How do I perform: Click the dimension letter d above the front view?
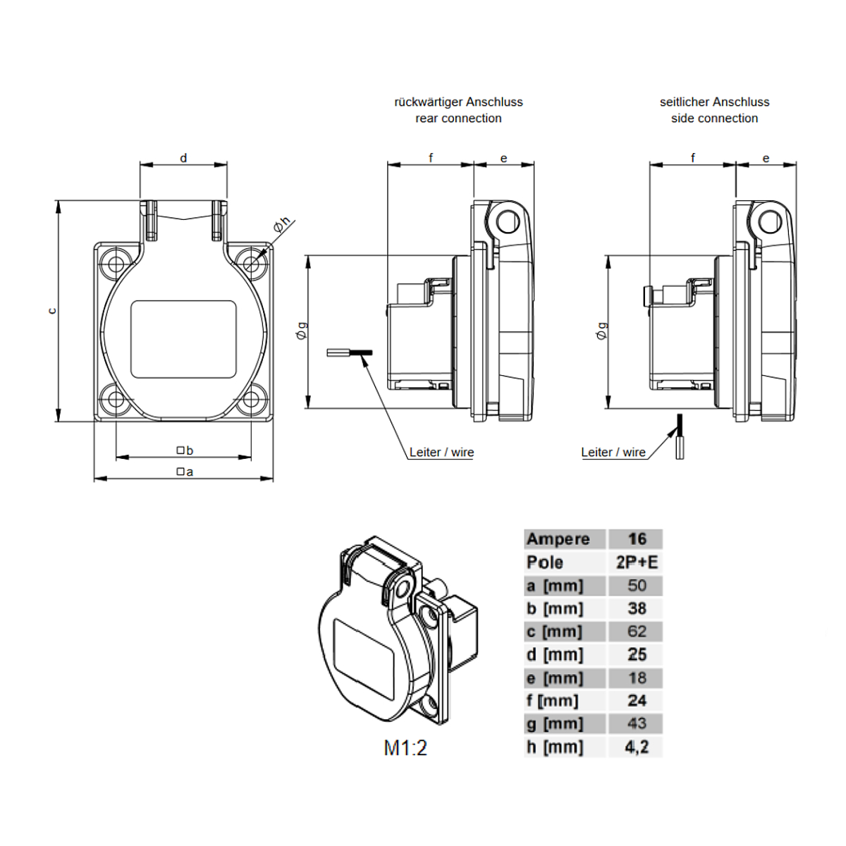[x=183, y=158]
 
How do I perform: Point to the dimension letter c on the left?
[x=52, y=311]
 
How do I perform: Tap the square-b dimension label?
[x=185, y=450]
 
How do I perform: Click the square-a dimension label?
[x=185, y=472]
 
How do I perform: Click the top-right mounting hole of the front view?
[x=251, y=264]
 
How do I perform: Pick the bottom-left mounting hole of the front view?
[x=116, y=398]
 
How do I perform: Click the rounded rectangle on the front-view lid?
[x=183, y=339]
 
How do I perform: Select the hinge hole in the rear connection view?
[x=507, y=221]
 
